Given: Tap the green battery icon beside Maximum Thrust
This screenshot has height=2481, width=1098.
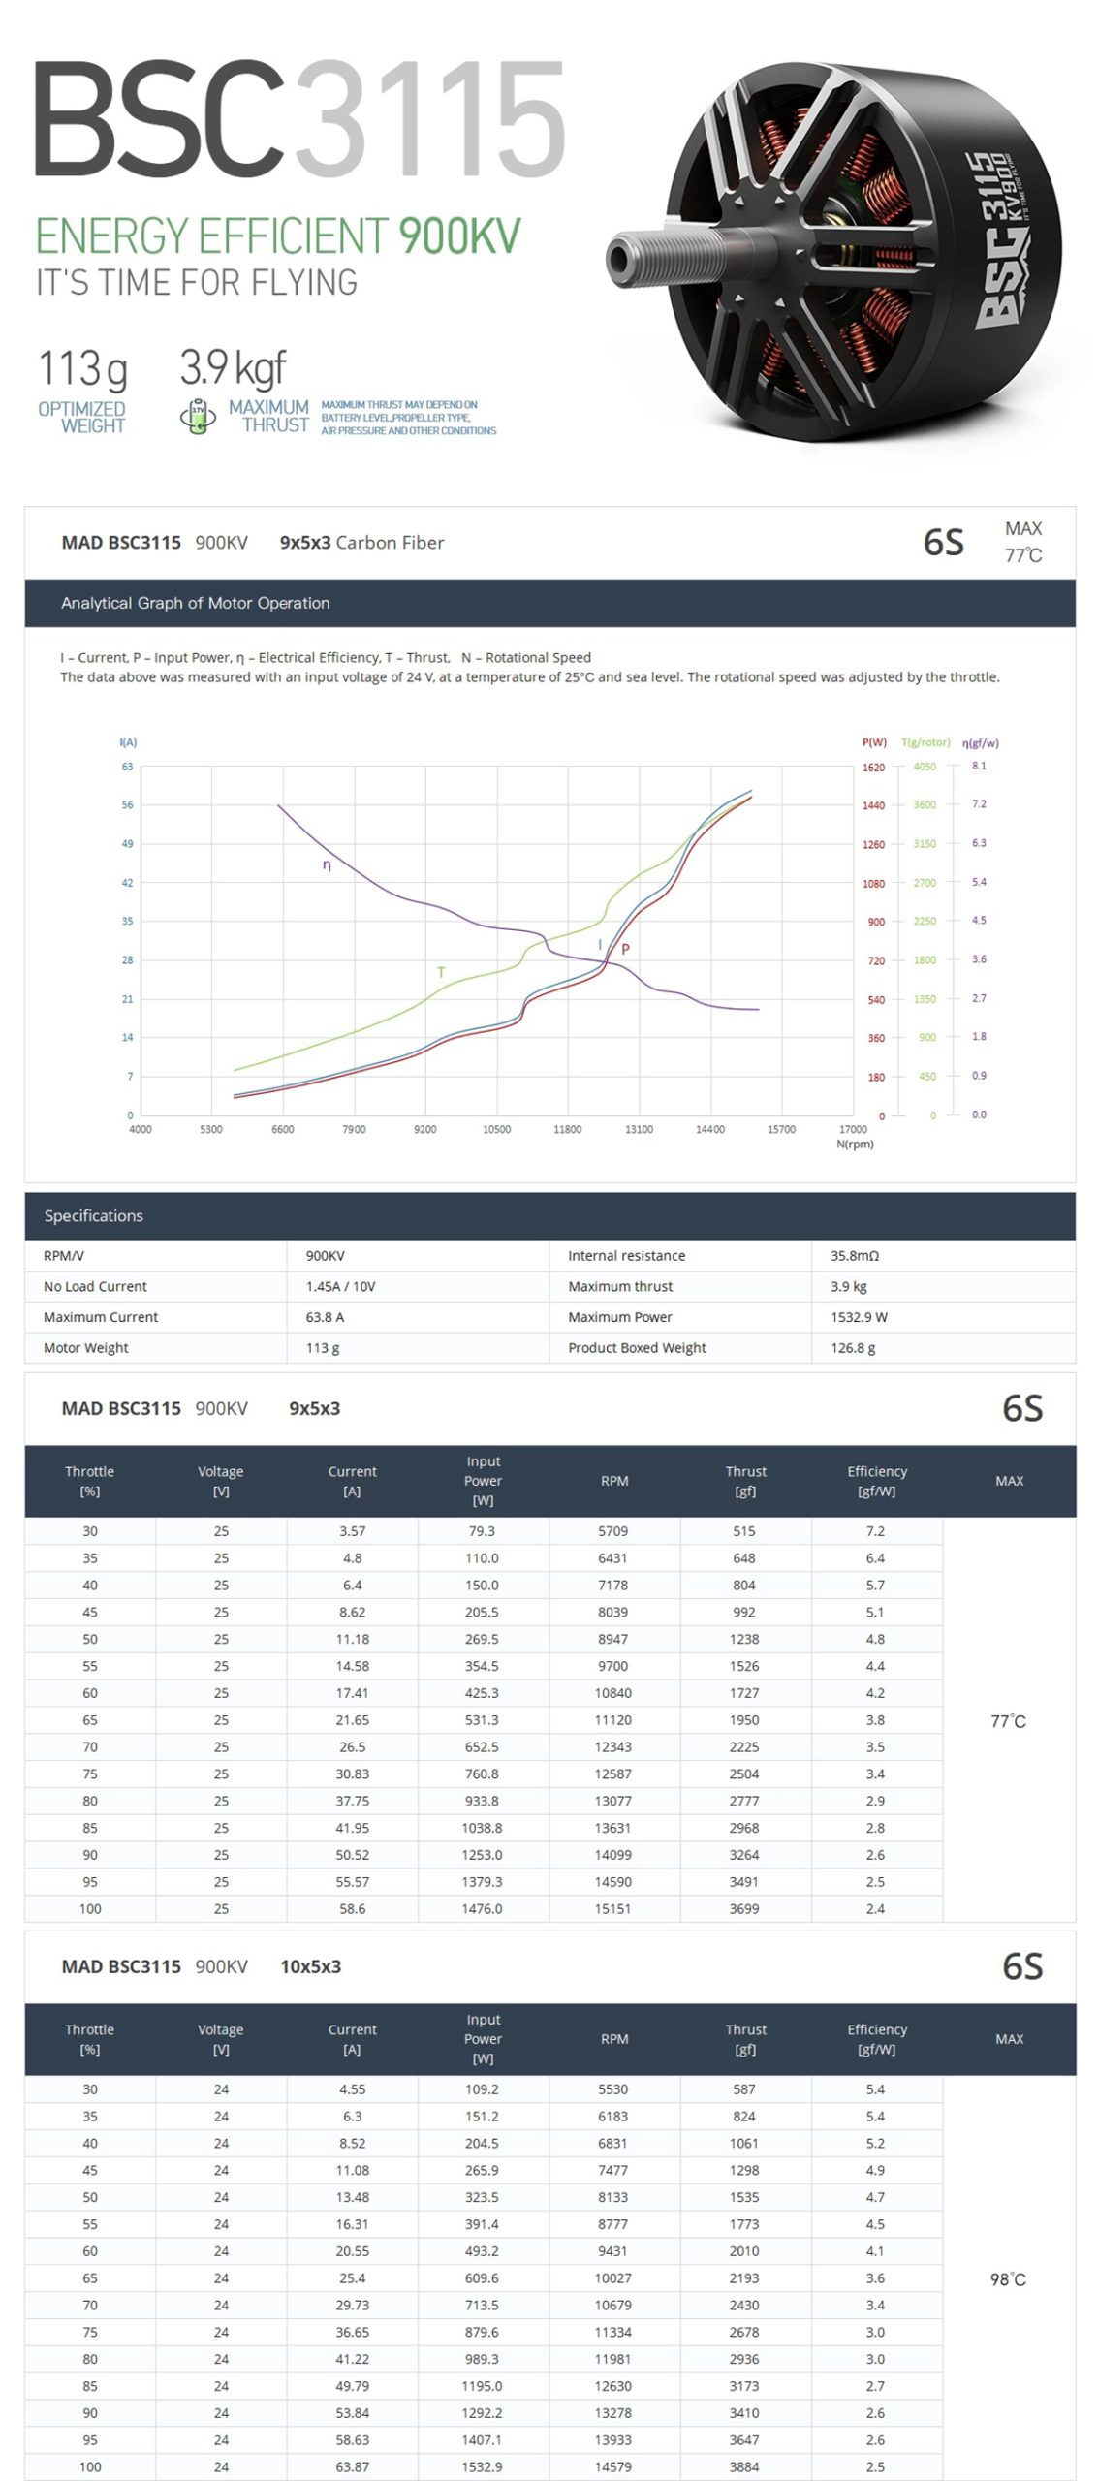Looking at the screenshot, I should [198, 416].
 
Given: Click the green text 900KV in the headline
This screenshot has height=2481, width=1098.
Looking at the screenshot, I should [458, 236].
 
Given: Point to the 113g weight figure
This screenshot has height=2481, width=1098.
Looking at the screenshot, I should [82, 369].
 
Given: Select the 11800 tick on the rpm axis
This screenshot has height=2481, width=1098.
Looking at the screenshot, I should [567, 1129].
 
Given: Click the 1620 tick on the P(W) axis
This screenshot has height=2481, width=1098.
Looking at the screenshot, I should [873, 768].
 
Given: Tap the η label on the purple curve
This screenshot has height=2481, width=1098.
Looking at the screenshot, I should [327, 865].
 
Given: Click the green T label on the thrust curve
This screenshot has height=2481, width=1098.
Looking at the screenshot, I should [441, 972].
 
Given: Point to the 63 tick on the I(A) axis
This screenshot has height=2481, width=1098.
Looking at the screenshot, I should [127, 767].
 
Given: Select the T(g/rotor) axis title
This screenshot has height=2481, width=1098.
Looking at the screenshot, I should [925, 742].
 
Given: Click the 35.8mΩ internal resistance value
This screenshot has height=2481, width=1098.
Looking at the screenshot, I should [854, 1255].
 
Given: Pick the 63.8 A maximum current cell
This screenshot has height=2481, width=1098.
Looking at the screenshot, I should [325, 1317].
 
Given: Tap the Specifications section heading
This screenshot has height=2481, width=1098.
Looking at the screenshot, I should [93, 1215].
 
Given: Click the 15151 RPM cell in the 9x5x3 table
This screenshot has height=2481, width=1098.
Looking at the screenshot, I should [613, 1908].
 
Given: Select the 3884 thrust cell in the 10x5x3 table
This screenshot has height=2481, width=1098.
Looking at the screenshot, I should [744, 2466].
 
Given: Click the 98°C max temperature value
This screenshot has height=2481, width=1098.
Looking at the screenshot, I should [1008, 2278].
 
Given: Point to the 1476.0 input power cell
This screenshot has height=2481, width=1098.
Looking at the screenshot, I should [482, 1908].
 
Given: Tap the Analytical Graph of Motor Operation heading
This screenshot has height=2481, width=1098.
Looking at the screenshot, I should [195, 603].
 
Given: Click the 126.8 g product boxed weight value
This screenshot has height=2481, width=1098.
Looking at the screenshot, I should [853, 1347].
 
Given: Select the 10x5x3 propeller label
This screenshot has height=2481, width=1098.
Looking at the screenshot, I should [310, 1966].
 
